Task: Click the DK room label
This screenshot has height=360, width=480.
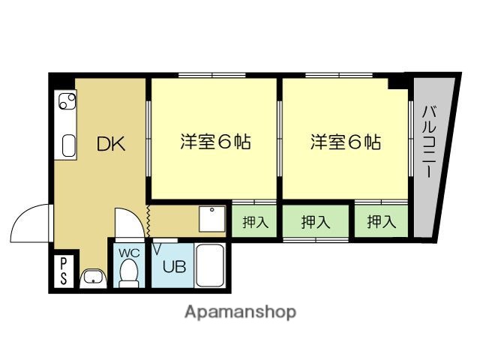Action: coord(109,144)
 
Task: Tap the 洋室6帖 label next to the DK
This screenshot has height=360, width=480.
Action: coord(214,141)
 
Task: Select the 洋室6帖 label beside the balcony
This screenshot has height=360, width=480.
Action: coord(345,141)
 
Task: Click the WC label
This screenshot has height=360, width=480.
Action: coord(128,252)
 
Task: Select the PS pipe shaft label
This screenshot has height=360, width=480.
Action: coord(64,271)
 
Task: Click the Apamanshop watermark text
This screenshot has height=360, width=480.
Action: coord(240,311)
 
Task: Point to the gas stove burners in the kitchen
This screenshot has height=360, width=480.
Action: coord(65,100)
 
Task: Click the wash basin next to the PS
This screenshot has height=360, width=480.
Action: coord(92,278)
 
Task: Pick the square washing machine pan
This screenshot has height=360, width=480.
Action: coord(212,219)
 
